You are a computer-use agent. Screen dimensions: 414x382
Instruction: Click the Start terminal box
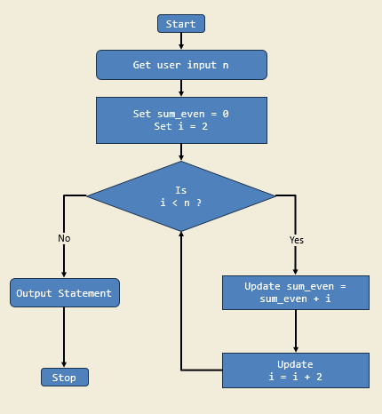pos(181,24)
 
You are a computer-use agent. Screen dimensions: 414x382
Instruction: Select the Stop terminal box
pos(64,377)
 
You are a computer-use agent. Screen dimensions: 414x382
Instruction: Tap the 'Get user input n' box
pos(181,65)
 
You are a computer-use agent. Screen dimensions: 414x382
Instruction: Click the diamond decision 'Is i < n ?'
pos(181,196)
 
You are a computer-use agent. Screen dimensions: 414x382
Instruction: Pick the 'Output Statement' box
pos(64,293)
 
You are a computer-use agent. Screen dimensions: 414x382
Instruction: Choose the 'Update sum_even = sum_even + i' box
pos(295,292)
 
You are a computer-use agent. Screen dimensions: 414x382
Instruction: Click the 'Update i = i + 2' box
pos(295,370)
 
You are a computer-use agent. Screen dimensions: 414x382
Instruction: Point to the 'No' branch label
pos(64,238)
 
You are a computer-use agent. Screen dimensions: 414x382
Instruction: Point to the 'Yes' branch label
pos(296,240)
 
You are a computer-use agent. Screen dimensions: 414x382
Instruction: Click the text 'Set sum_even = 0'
pos(181,114)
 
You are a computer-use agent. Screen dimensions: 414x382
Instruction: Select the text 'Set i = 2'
pos(181,126)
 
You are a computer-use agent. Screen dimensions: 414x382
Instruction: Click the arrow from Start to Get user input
pos(181,41)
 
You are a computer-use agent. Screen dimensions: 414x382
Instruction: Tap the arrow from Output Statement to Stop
pos(64,338)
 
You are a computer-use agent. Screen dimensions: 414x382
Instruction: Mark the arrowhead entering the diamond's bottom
pos(181,236)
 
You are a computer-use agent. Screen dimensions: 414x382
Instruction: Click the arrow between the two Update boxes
pos(296,331)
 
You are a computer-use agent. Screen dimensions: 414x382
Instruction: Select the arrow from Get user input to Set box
pos(181,88)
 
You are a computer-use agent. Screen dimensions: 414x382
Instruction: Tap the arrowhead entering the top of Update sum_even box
pos(296,271)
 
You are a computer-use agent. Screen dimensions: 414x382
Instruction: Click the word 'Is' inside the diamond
pos(181,190)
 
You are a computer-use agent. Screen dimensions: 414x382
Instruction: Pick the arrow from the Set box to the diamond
pos(181,152)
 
